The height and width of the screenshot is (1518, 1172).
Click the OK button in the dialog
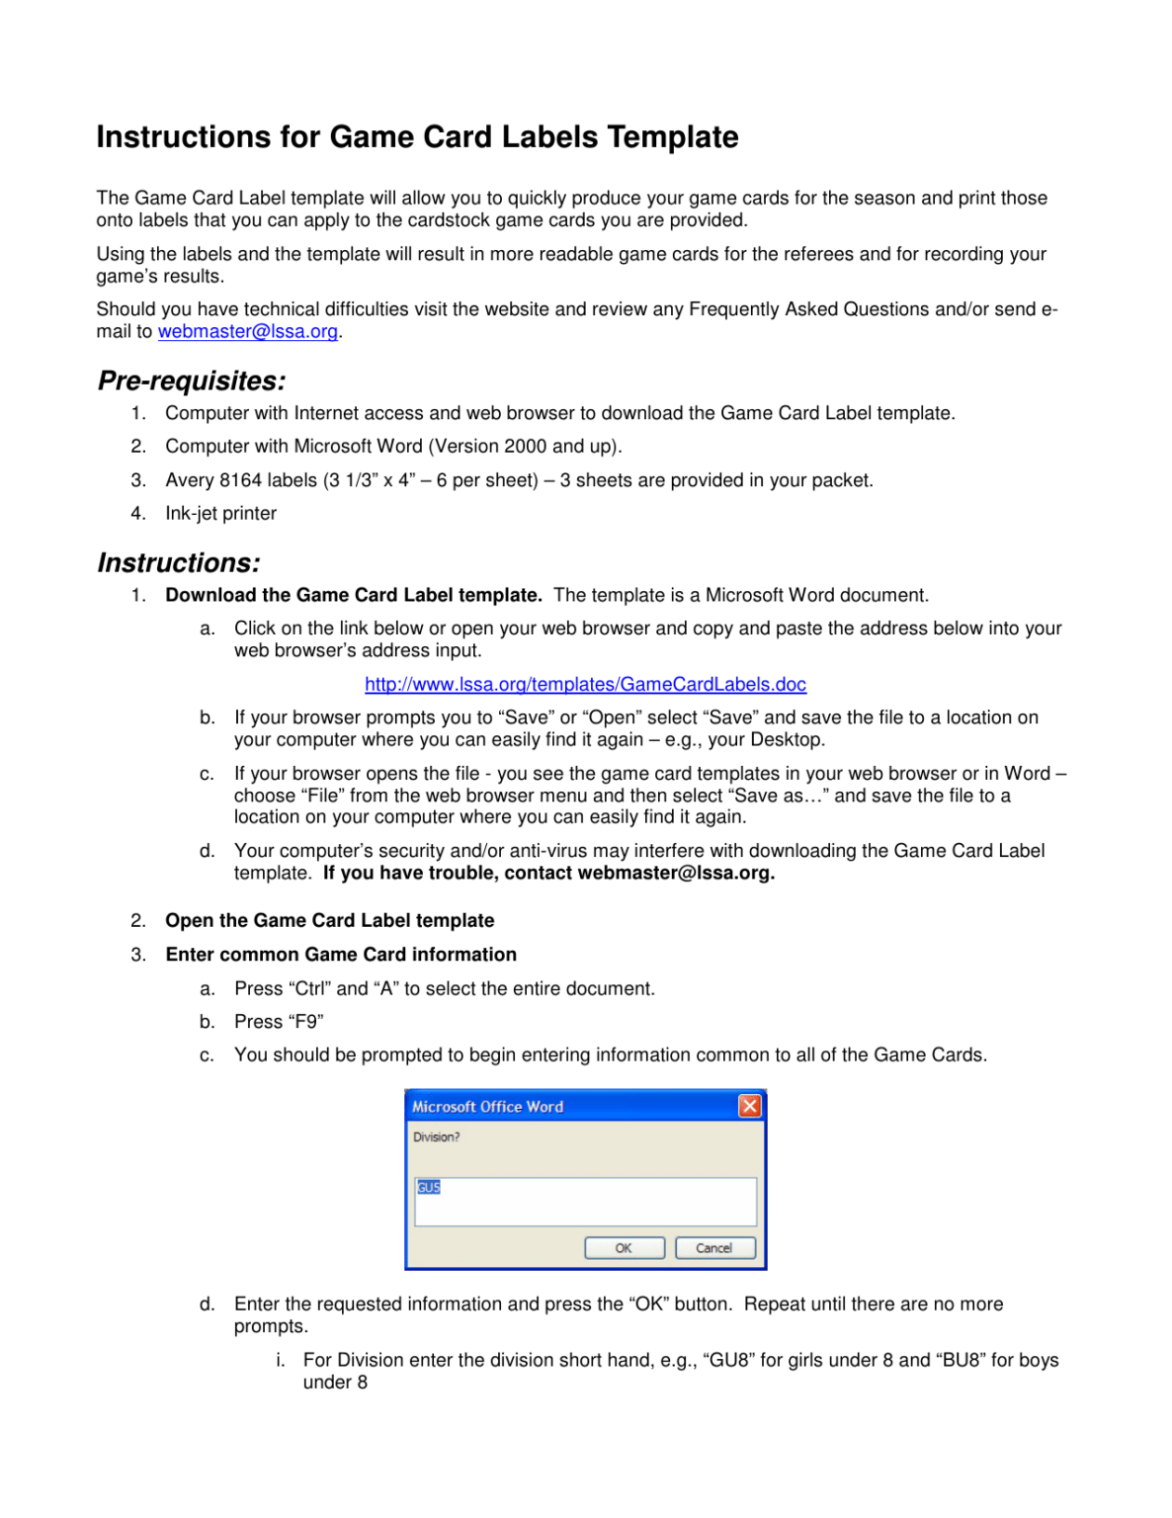[624, 1248]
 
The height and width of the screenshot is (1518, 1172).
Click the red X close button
[750, 1106]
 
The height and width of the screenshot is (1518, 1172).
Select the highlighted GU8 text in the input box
[429, 1187]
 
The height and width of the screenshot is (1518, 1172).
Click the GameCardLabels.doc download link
[585, 684]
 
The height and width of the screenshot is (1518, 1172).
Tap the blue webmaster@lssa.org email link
[247, 331]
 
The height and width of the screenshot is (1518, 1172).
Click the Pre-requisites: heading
[192, 380]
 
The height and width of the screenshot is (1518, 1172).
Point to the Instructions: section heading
[179, 562]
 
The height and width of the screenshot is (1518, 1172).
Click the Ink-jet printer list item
[220, 513]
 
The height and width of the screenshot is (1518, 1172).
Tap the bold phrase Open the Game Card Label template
[329, 920]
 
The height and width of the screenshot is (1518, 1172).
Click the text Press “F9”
[279, 1021]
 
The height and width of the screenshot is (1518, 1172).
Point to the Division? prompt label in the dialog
[436, 1138]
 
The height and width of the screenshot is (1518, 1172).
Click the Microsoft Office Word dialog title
[487, 1107]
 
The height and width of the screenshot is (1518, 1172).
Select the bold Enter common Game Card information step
[341, 954]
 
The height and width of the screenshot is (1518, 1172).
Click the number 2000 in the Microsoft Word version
[525, 447]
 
